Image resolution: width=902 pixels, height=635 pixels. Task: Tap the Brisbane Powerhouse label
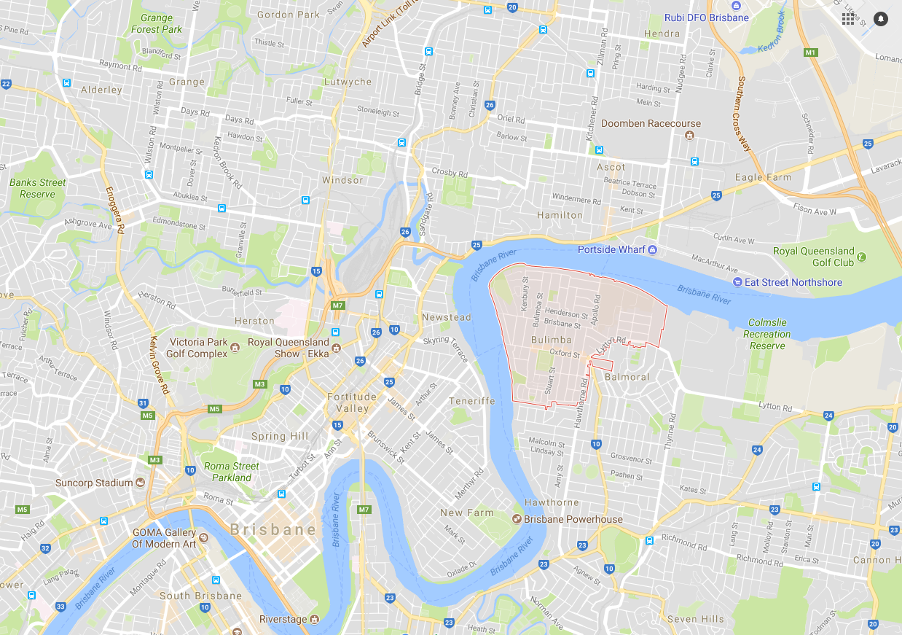(x=573, y=519)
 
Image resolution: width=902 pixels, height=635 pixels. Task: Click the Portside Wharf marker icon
(x=653, y=250)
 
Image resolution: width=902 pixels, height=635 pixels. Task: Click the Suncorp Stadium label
(x=94, y=483)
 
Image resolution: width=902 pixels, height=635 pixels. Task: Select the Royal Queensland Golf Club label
(x=813, y=257)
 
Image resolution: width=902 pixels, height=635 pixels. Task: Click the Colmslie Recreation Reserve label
(x=769, y=334)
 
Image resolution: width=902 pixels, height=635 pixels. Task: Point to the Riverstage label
(x=283, y=619)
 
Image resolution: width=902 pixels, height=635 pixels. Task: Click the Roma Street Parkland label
(x=232, y=472)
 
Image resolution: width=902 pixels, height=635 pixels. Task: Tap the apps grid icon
(x=848, y=19)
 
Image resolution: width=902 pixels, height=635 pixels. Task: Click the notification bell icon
(x=881, y=19)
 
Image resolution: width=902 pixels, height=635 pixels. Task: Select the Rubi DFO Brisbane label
(x=706, y=17)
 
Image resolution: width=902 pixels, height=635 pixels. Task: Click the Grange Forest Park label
(x=157, y=23)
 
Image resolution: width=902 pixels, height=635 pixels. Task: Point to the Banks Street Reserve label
(x=38, y=188)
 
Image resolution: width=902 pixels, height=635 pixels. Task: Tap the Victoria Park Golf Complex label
(x=197, y=348)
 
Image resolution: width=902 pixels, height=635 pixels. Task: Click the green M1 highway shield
(x=810, y=52)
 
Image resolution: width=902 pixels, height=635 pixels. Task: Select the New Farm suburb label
(x=466, y=513)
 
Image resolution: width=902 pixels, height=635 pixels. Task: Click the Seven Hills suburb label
(x=696, y=619)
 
